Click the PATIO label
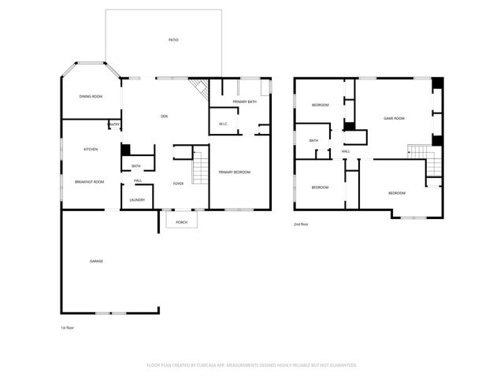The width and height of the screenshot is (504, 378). [x=172, y=40]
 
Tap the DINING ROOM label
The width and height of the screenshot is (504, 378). [x=91, y=97]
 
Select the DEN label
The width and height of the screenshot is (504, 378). [x=164, y=117]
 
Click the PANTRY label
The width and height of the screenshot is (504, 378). [x=113, y=124]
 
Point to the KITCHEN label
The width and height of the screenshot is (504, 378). [x=91, y=149]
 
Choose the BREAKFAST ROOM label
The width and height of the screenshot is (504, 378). [x=90, y=182]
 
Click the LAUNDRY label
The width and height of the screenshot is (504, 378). [x=137, y=200]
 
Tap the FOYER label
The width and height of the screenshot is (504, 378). [x=178, y=183]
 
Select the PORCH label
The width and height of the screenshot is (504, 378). [x=181, y=222]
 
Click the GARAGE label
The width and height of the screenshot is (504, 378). [x=96, y=261]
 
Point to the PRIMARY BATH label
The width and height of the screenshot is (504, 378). [x=245, y=102]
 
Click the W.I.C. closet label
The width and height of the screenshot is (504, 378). [x=224, y=124]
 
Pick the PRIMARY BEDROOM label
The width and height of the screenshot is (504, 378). [x=235, y=172]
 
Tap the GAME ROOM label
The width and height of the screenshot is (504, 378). [x=394, y=118]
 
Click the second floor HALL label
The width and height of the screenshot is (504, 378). [x=346, y=151]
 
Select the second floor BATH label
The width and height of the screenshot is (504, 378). [x=313, y=141]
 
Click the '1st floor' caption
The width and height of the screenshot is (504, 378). [x=69, y=327]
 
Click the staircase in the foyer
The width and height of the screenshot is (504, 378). [x=200, y=168]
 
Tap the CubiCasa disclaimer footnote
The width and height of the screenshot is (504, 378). [x=252, y=365]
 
